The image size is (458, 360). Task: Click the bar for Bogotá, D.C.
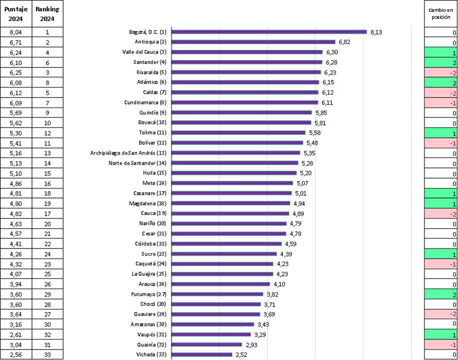[x=269, y=31]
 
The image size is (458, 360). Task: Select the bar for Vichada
[x=202, y=354]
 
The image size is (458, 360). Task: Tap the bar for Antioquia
[x=253, y=42]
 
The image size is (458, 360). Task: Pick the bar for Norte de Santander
[x=235, y=163]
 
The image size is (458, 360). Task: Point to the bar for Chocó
[x=216, y=304]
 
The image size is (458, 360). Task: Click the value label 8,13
[x=376, y=32]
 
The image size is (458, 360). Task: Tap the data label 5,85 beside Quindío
[x=320, y=112]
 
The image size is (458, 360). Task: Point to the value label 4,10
[x=279, y=284]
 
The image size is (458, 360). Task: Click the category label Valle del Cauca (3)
[x=144, y=52]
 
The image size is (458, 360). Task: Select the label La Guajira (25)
[x=149, y=274]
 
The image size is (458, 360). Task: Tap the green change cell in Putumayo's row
[x=441, y=294]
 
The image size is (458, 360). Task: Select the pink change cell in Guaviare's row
[x=441, y=314]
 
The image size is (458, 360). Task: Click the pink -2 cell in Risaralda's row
[x=441, y=72]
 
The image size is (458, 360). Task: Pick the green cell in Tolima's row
[x=441, y=133]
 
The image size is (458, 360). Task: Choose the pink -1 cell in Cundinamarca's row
[x=441, y=103]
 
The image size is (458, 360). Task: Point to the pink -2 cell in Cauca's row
[x=441, y=214]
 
